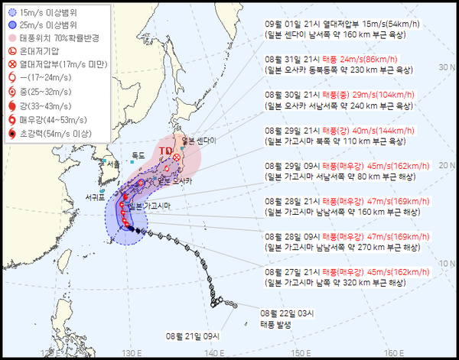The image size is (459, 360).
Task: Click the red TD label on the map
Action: point(166,151)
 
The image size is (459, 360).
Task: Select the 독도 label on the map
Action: point(138,155)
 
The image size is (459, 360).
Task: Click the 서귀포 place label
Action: point(95,197)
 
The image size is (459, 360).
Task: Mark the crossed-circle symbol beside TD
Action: point(177,157)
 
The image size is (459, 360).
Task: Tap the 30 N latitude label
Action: point(443,67)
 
